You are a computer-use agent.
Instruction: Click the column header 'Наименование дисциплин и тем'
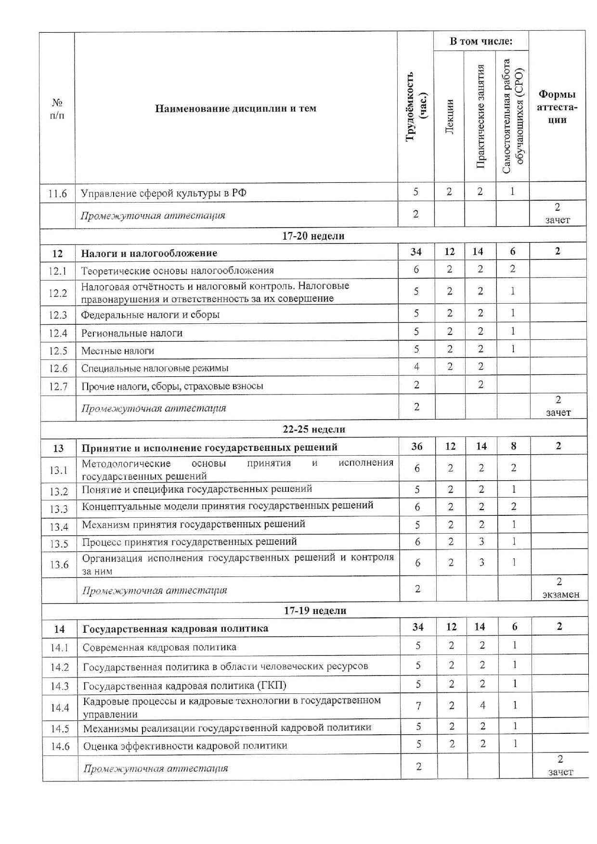tap(235, 108)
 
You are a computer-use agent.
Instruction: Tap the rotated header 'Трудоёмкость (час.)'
tap(416, 106)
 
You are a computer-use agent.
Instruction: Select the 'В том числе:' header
tap(481, 41)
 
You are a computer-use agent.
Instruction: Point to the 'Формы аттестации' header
tap(557, 107)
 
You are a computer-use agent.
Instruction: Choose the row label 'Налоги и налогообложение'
tap(149, 253)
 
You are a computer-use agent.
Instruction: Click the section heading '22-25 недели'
tap(314, 429)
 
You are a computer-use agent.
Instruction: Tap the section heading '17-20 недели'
tap(313, 236)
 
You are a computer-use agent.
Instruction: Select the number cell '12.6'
tap(58, 369)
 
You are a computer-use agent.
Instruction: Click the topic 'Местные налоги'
tap(117, 351)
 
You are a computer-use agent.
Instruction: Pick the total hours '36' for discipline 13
tap(417, 447)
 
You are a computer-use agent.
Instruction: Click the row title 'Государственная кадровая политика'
tap(176, 628)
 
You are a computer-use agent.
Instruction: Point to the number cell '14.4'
tap(60, 707)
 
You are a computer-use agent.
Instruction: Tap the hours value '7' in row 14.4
tap(418, 706)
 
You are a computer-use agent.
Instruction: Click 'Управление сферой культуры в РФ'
tap(164, 193)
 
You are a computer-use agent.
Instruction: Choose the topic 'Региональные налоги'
tap(132, 333)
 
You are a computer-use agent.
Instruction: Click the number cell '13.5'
tap(59, 544)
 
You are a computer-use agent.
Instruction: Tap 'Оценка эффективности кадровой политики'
tap(185, 746)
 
